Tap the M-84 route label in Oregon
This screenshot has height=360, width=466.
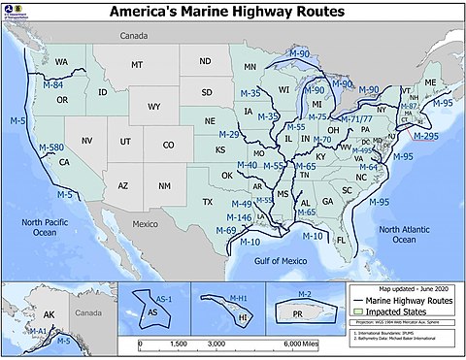53,84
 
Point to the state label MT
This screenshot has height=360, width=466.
137,64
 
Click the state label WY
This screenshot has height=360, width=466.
154,108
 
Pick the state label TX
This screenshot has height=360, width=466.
207,202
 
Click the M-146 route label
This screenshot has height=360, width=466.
240,217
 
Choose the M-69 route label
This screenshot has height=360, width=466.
225,230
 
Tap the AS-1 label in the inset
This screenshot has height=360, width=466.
165,300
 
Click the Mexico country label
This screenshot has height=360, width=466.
145,223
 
